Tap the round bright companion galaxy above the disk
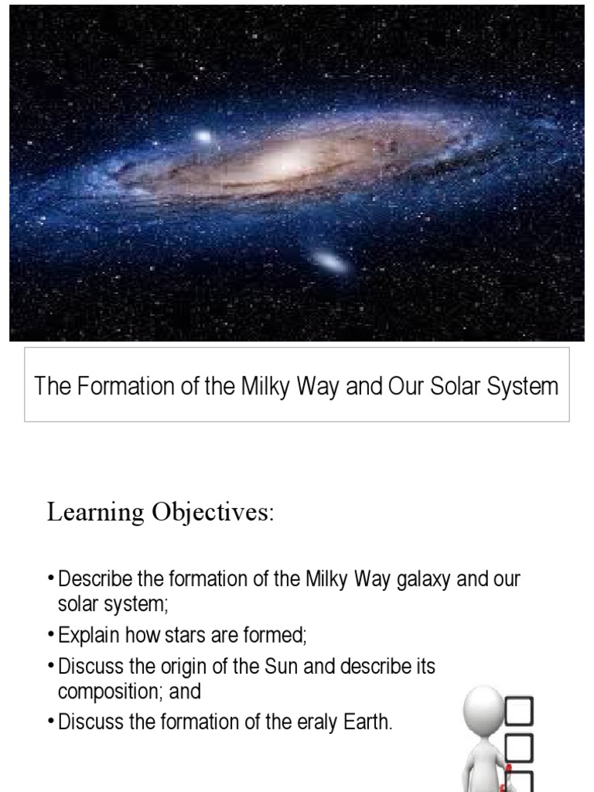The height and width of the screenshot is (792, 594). pyautogui.click(x=203, y=138)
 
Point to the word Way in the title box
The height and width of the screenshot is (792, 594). pyautogui.click(x=317, y=385)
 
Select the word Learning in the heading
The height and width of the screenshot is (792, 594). pyautogui.click(x=96, y=513)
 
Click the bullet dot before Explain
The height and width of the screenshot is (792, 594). pyautogui.click(x=51, y=636)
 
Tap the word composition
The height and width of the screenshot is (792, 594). pyautogui.click(x=105, y=691)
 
